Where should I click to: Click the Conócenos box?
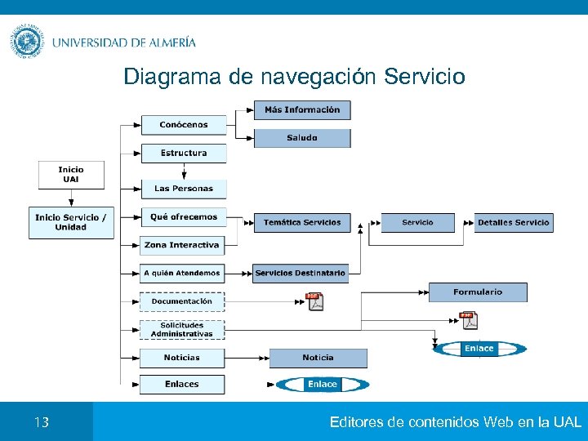[x=183, y=125]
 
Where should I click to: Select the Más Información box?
[x=301, y=109]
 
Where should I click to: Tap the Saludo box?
[x=301, y=138]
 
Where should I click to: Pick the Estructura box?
[x=183, y=153]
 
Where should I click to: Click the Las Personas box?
[x=183, y=189]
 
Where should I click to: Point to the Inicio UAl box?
[x=70, y=174]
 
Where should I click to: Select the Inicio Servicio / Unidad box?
[x=70, y=222]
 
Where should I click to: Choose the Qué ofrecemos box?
[x=183, y=217]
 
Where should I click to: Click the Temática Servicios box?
[x=301, y=222]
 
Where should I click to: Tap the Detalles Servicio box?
[x=513, y=222]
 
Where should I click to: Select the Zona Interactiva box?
[x=181, y=245]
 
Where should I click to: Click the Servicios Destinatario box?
[x=300, y=273]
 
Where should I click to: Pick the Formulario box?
[x=478, y=292]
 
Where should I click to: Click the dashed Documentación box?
[x=181, y=301]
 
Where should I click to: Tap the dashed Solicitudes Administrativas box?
[x=181, y=329]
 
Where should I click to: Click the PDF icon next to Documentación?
[x=314, y=301]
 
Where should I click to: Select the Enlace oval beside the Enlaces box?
[x=322, y=384]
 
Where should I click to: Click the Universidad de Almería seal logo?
[x=28, y=42]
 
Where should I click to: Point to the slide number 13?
[x=42, y=422]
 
